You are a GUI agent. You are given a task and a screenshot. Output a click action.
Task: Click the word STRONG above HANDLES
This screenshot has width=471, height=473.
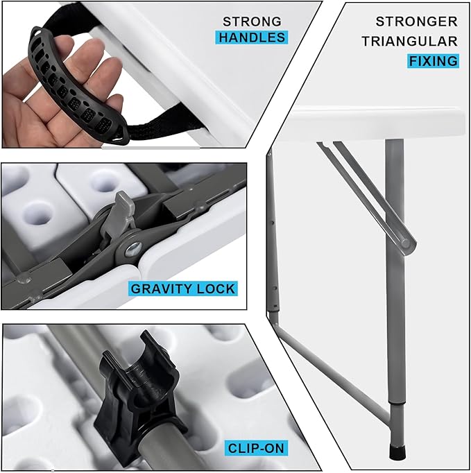252,21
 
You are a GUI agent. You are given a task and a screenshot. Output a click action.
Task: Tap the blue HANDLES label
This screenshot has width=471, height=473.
252,37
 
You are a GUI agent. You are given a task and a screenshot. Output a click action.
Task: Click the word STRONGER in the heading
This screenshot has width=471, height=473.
416,21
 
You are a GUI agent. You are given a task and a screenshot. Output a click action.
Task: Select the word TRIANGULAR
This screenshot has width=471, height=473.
409,41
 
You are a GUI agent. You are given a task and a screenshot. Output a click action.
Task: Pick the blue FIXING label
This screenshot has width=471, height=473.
433,61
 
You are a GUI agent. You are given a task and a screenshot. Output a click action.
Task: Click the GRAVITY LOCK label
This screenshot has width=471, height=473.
183,289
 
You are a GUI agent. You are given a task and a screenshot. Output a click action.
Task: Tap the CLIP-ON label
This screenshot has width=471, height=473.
256,448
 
